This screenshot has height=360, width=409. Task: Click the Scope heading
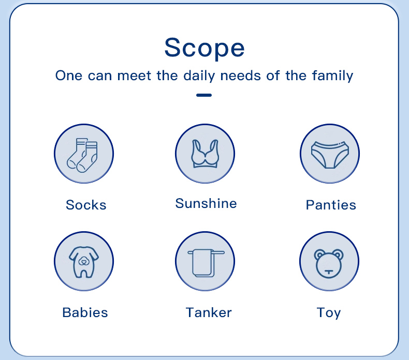pyautogui.click(x=204, y=48)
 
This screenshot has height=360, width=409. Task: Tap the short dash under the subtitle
pyautogui.click(x=204, y=95)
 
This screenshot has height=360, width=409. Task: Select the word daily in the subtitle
pyautogui.click(x=199, y=76)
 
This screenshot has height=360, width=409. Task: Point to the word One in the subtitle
pyautogui.click(x=69, y=76)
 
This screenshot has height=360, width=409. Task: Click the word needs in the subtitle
pyautogui.click(x=241, y=76)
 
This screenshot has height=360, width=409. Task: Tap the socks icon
pyautogui.click(x=82, y=155)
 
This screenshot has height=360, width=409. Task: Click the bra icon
pyautogui.click(x=205, y=154)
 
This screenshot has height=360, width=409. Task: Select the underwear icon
pyautogui.click(x=330, y=155)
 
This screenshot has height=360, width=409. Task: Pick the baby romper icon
pyautogui.click(x=84, y=262)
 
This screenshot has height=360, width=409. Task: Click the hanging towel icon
pyautogui.click(x=206, y=263)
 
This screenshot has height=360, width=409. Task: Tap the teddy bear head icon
pyautogui.click(x=329, y=264)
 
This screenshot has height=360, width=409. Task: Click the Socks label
pyautogui.click(x=86, y=205)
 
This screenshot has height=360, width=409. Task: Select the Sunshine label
pyautogui.click(x=206, y=203)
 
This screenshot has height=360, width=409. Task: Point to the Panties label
pyautogui.click(x=331, y=205)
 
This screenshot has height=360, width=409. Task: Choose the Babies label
pyautogui.click(x=85, y=312)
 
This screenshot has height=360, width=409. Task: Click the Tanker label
pyautogui.click(x=209, y=312)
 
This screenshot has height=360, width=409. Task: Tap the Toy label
pyautogui.click(x=329, y=313)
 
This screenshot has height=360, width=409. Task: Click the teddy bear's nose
pyautogui.click(x=329, y=272)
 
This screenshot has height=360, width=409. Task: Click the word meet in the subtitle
pyautogui.click(x=134, y=76)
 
